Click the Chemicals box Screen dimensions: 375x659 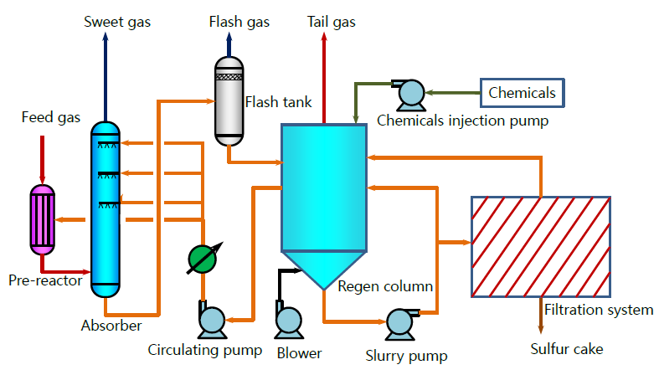coord(522,93)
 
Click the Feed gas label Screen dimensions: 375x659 coord(51,118)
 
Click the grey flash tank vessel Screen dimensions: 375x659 coord(229,100)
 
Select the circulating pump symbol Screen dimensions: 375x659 coord(213,320)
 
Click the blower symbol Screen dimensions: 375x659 coord(288,320)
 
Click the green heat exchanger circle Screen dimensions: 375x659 coord(201,258)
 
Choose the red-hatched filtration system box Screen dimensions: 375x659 coord(542,247)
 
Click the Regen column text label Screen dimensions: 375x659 coord(385,286)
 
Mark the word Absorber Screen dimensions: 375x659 coord(111,325)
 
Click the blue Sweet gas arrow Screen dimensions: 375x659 coord(105,75)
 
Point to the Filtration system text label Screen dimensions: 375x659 coord(599,311)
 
